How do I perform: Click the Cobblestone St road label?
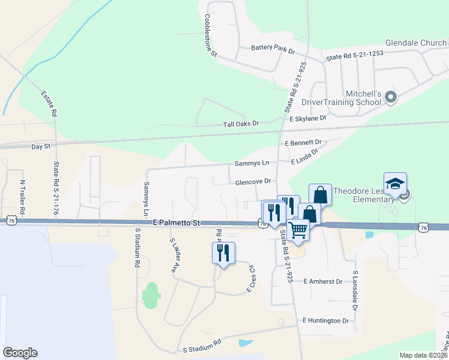pos(210,35)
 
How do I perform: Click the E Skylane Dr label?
pos(307,119)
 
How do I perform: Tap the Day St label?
pos(41,146)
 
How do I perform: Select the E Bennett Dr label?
pos(304,143)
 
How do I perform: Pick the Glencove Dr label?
pos(255,181)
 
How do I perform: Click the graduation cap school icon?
pos(396,184)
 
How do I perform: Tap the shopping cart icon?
pos(298,230)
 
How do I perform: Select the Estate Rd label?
pos(50,103)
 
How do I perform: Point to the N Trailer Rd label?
pos(22,198)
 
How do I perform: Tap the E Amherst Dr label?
pos(322,281)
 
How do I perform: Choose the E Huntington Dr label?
pos(325,320)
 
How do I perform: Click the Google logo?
pos(20,353)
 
